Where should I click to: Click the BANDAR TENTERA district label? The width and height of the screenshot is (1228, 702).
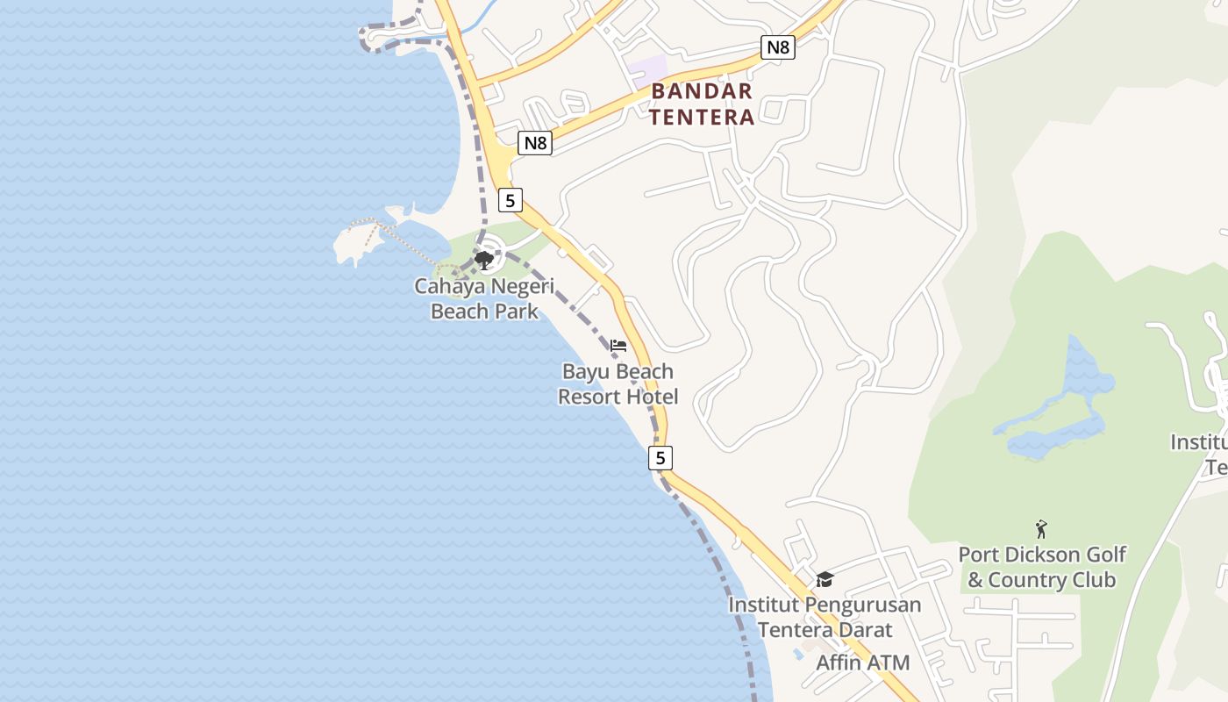pos(702,104)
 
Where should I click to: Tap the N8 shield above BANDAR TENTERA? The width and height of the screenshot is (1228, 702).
pos(777,47)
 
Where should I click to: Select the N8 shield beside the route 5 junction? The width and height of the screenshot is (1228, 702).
pos(534,142)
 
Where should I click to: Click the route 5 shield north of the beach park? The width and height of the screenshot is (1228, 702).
pos(510,200)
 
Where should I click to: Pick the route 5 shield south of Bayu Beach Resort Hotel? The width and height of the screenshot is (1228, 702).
pos(660,457)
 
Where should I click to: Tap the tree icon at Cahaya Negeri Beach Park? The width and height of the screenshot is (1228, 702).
pos(483,260)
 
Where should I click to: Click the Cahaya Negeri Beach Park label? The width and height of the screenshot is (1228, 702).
pos(485,298)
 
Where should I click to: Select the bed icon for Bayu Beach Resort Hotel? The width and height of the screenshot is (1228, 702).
pos(618,346)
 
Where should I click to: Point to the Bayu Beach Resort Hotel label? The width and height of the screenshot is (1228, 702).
pos(618,383)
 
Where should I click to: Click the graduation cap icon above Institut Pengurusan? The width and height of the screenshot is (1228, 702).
pos(825,579)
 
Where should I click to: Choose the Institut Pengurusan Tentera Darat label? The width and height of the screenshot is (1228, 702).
pos(825,617)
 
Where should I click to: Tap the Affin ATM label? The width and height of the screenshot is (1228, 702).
pos(863,663)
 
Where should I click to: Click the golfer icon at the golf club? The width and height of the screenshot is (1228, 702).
pos(1041,529)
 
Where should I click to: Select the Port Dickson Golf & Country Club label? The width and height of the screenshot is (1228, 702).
pos(1041,567)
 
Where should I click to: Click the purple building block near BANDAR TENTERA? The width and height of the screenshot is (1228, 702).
pos(647,68)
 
